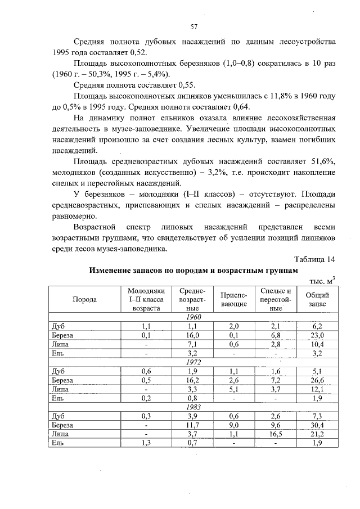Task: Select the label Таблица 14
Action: click(x=315, y=259)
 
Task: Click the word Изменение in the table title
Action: click(x=114, y=270)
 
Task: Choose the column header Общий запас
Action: click(x=317, y=299)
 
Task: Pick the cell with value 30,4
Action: click(x=317, y=425)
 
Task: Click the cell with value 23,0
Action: click(x=317, y=335)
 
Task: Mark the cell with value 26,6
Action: click(x=317, y=380)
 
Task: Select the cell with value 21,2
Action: click(x=317, y=434)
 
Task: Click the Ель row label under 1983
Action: click(x=56, y=443)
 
